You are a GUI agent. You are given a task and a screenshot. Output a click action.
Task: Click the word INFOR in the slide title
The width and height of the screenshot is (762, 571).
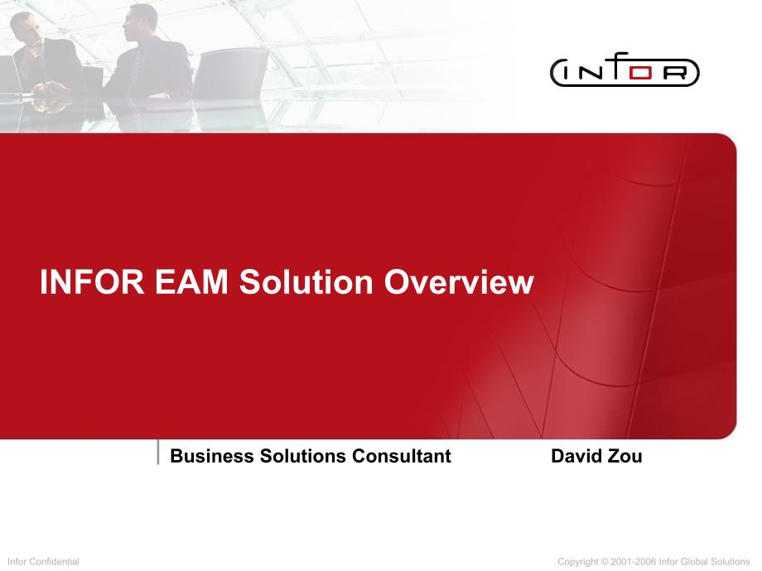tap(92, 281)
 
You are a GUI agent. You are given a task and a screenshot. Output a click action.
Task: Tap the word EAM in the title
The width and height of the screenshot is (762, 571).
tap(191, 281)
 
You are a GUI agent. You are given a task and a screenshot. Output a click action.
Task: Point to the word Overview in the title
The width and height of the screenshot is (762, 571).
tap(459, 281)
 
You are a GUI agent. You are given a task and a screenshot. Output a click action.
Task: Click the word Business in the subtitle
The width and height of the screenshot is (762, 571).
tap(212, 456)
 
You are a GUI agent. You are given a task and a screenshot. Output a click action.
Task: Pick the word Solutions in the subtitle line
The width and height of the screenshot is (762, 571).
tap(303, 456)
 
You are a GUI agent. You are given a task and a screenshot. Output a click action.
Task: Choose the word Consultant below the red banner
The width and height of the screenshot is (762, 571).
tap(402, 456)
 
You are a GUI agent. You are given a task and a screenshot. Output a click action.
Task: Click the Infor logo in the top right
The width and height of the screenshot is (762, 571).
tap(625, 70)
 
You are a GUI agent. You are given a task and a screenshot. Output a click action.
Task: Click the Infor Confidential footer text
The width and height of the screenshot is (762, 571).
tap(43, 562)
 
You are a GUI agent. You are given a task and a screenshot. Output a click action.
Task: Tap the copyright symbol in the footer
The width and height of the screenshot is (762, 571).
tap(604, 562)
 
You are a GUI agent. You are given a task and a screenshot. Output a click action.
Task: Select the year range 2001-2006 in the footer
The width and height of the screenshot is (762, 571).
tap(634, 562)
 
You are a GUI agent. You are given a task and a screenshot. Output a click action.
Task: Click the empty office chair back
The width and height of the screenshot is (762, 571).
tap(231, 73)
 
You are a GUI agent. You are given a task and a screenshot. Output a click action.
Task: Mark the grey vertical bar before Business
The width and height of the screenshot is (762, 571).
tap(158, 452)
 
